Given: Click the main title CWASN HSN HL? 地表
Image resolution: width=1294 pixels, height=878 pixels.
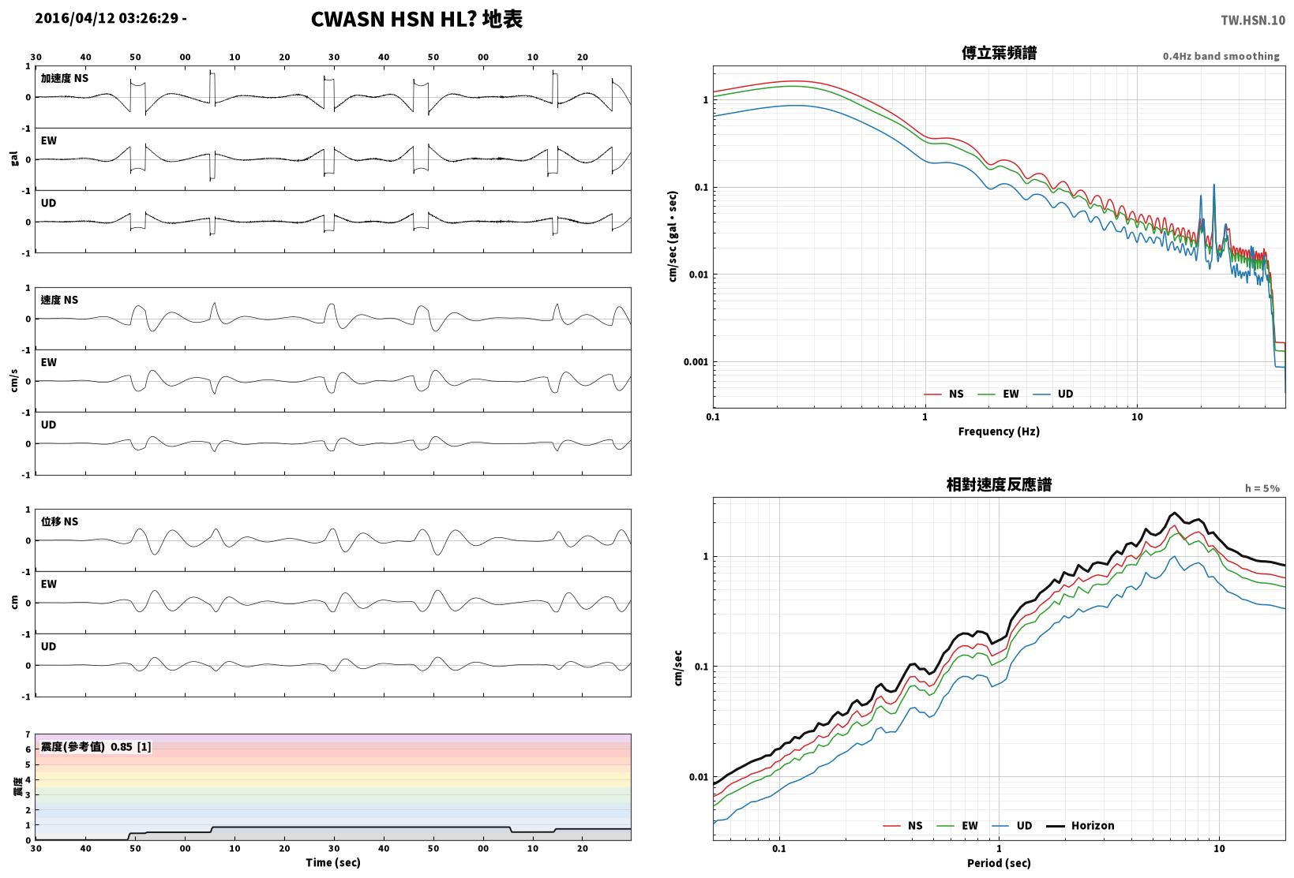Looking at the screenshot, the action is point(417,19).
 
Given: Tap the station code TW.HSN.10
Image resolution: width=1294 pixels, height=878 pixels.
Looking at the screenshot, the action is point(1252,21).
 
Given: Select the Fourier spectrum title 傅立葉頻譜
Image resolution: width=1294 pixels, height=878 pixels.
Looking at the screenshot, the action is point(999,53).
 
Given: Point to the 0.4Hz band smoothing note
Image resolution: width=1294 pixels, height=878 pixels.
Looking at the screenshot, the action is point(1221,56).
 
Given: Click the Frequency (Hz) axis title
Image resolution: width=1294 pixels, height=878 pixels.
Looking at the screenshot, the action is point(998,432).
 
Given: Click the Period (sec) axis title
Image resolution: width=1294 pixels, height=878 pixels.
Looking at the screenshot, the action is point(998,863).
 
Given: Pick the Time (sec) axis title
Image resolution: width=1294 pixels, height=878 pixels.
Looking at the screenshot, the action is point(332,862).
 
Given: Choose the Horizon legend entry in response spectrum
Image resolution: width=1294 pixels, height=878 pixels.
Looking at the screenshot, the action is point(1081,825).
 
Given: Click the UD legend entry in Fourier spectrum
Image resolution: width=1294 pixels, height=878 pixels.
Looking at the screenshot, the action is point(1053,394).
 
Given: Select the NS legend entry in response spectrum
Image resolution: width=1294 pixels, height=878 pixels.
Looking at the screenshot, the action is point(903,825).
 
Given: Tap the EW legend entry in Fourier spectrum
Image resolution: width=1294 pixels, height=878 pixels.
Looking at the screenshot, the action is point(998,394).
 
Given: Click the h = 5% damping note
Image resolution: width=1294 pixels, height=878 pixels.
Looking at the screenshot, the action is point(1262,488).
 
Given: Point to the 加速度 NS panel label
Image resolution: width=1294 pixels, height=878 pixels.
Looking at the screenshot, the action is point(64,78).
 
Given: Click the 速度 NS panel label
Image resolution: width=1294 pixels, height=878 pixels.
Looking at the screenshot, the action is point(59,300).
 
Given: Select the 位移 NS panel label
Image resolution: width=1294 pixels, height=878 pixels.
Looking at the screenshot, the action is point(59,521).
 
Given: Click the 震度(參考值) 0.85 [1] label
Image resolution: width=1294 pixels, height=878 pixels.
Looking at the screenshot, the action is point(96,746).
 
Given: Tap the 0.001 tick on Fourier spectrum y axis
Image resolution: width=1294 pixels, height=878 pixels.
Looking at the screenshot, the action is point(696,362).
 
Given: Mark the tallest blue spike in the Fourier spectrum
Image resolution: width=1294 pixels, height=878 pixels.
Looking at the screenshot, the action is point(1213,185).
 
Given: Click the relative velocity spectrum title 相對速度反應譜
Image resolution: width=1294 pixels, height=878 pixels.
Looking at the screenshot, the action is point(999,485).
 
